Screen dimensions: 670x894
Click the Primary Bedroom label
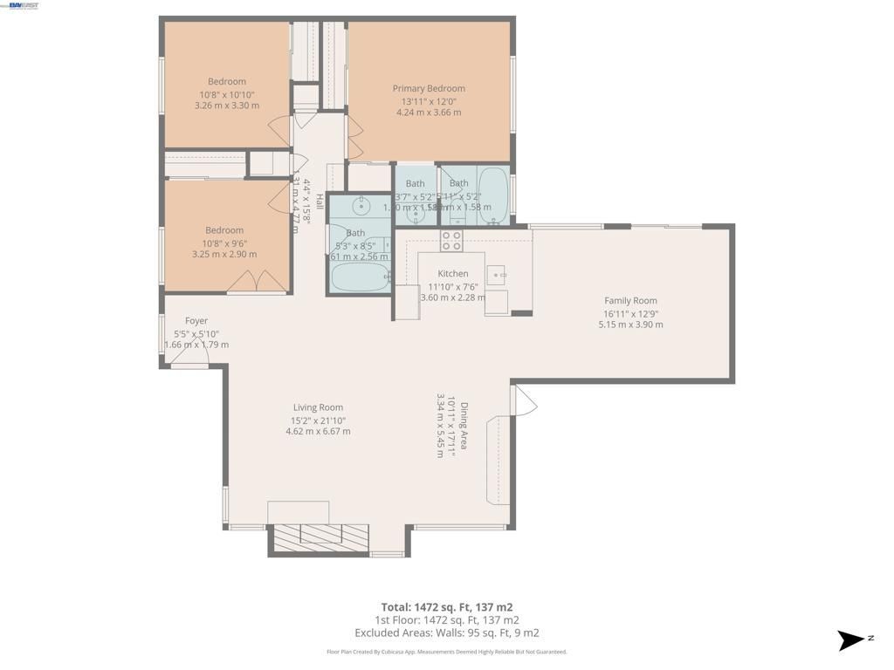pos(428,88)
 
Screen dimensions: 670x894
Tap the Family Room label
pos(629,301)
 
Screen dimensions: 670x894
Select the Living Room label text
pos(318,407)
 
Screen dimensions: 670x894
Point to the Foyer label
pos(196,321)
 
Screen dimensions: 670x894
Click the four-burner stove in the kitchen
pos(451,241)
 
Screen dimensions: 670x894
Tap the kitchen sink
pos(497,277)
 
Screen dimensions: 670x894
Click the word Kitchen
pos(453,274)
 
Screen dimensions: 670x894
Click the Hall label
pos(320,202)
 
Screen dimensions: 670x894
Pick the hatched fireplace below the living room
pos(320,537)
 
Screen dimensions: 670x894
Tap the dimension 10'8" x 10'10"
pos(226,94)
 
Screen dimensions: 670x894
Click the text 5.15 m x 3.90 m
pos(630,325)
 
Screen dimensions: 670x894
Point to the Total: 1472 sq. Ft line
pos(446,606)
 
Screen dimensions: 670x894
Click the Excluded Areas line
pos(446,633)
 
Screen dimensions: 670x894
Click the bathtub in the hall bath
pos(361,278)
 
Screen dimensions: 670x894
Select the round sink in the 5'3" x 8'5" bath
pos(361,208)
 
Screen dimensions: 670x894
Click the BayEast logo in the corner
pos(24,5)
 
